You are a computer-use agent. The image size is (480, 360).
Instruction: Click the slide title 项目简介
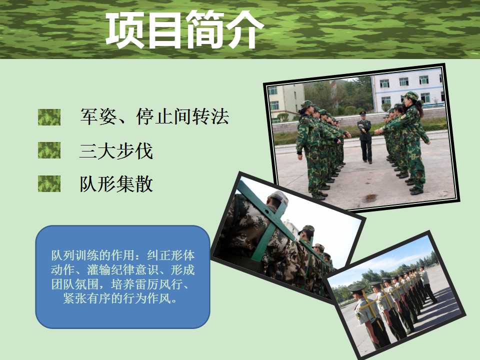click(184, 29)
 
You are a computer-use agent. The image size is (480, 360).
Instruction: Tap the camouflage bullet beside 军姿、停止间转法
click(49, 117)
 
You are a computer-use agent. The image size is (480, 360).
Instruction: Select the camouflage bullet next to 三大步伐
click(49, 150)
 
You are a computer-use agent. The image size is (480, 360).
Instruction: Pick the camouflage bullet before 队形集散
click(49, 183)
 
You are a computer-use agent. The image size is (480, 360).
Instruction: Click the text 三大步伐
click(116, 150)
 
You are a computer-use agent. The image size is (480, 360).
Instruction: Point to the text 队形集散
click(116, 184)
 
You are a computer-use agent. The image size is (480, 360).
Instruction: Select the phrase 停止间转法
click(183, 116)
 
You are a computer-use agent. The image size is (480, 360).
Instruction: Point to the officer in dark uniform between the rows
click(364, 137)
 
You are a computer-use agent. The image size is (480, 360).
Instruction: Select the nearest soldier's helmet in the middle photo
click(278, 197)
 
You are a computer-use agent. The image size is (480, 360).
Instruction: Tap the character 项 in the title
click(125, 29)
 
